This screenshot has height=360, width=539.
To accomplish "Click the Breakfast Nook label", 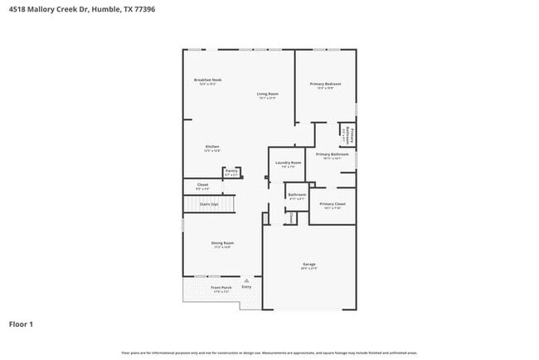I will click(x=207, y=80).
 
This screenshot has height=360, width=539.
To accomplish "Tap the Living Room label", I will click(x=267, y=95).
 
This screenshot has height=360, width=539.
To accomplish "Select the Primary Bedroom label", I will click(x=326, y=84).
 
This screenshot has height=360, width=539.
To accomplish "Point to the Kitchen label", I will click(x=212, y=147).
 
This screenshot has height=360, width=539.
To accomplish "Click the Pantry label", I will click(x=231, y=171).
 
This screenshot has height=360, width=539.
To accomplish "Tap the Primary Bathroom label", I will click(x=332, y=153).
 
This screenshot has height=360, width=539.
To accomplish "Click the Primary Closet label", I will click(x=333, y=203).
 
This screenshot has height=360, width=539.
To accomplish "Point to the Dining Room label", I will click(x=223, y=243).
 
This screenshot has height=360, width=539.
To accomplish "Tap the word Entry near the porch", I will click(x=246, y=287).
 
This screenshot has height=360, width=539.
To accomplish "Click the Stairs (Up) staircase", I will click(x=209, y=203).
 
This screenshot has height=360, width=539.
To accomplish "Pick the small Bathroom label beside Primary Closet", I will click(x=297, y=196).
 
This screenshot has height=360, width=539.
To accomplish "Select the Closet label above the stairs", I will click(x=202, y=184).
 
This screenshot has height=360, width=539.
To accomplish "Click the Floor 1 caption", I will click(x=22, y=324).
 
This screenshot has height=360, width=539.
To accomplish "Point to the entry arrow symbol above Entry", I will click(x=246, y=280).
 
